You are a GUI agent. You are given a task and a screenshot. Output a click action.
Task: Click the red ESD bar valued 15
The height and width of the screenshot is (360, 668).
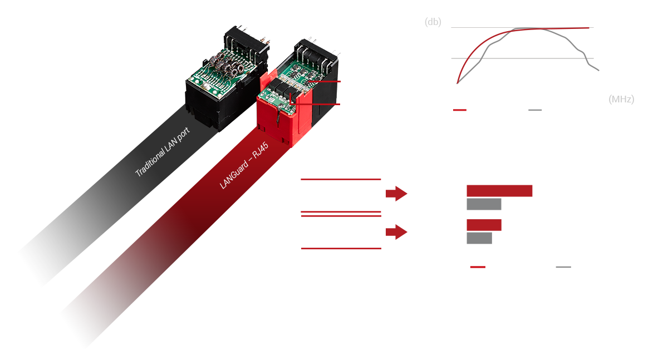point(499,191)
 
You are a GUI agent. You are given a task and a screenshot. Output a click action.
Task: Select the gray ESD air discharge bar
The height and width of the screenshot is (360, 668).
point(484,204)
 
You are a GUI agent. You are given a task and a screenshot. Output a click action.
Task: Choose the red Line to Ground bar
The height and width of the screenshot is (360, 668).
point(484,225)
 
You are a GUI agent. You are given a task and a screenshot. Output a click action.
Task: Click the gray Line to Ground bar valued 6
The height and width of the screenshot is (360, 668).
point(479,238)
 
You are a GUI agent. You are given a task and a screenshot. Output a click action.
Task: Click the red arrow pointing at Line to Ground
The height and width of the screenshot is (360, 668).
point(397,232)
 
